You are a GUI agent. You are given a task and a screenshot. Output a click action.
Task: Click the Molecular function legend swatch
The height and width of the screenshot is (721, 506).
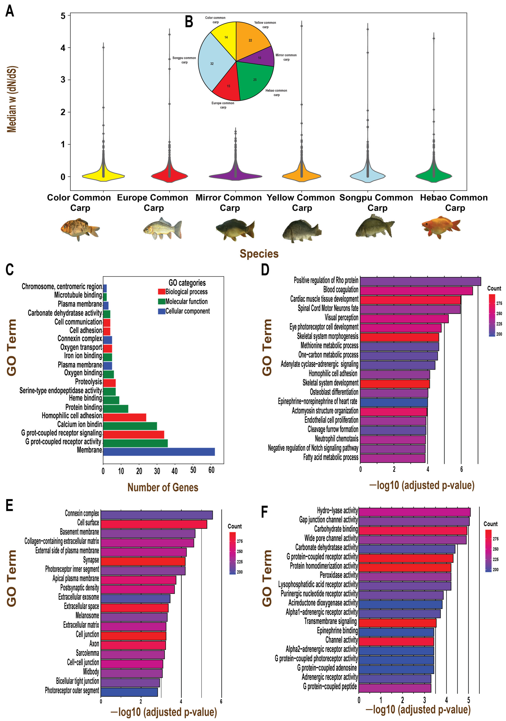[161, 301]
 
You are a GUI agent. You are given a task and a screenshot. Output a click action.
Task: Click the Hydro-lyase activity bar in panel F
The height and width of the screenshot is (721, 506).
[414, 512]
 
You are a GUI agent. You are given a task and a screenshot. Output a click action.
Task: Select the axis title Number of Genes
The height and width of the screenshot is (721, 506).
[163, 487]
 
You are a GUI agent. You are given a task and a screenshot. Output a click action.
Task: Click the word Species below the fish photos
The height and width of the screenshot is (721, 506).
[259, 254]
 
